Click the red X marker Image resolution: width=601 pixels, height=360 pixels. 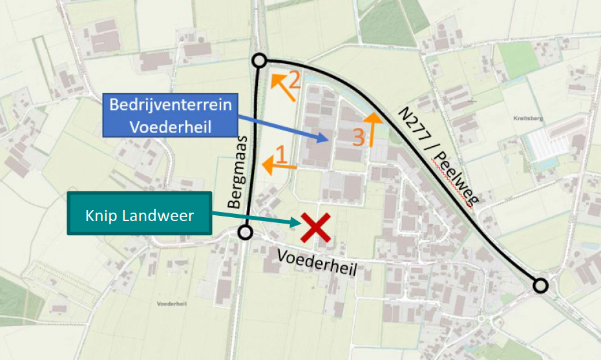tap(316, 228)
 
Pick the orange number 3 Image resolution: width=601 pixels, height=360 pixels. tap(359, 136)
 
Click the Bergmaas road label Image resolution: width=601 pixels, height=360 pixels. tap(236, 175)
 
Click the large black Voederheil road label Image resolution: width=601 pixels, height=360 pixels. tap(317, 264)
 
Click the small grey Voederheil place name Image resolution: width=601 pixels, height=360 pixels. tap(171, 303)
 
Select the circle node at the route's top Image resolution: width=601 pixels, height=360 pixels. tap(259, 61)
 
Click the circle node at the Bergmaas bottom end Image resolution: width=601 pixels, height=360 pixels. tap(245, 233)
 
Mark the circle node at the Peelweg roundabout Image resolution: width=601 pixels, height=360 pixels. tap(540, 285)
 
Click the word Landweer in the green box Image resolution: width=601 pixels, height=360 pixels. tap(164, 215)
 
